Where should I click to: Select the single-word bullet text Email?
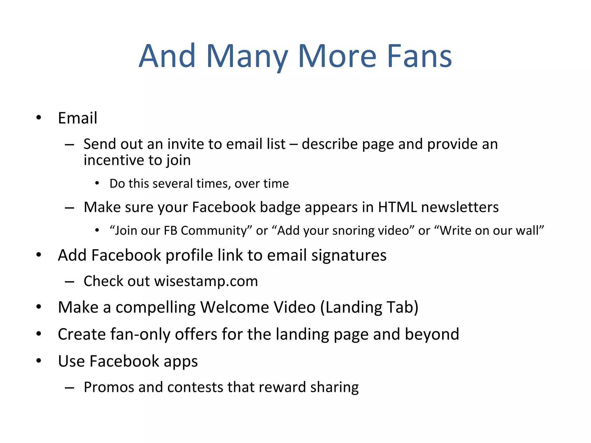[x=77, y=118]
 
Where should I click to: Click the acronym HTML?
[x=397, y=207]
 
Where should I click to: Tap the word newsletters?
[x=460, y=207]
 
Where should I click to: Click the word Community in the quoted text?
[x=214, y=230]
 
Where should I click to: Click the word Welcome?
[x=258, y=307]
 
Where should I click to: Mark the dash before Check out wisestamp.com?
[x=70, y=281]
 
